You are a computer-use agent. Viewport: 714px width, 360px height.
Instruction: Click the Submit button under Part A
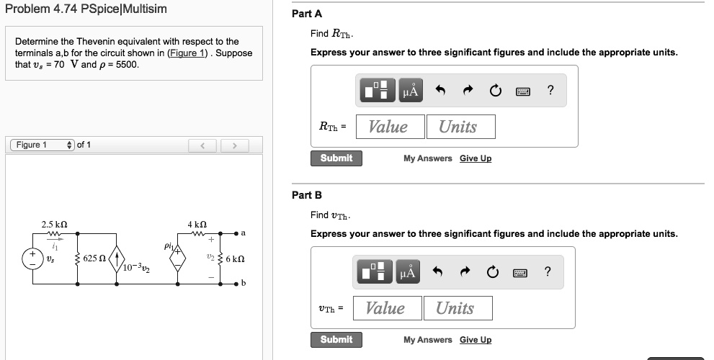click(x=336, y=158)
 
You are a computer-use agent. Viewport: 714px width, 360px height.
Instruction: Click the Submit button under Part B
click(x=336, y=340)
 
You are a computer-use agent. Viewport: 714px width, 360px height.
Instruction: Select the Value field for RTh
click(x=388, y=127)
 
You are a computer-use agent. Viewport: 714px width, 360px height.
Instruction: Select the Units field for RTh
click(x=458, y=127)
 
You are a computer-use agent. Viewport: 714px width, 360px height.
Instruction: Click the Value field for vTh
click(x=385, y=308)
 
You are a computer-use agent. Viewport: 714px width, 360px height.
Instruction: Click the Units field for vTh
click(x=455, y=308)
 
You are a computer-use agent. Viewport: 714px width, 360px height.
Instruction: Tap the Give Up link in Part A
click(x=476, y=158)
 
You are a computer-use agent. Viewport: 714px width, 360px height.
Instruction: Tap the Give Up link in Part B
click(x=476, y=340)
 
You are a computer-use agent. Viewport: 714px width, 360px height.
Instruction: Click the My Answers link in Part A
click(x=428, y=158)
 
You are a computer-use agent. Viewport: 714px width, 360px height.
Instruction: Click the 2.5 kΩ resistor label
click(x=54, y=224)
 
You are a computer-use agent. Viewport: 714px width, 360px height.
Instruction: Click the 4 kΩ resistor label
click(x=198, y=224)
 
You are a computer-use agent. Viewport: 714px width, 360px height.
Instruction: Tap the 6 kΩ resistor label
click(x=236, y=258)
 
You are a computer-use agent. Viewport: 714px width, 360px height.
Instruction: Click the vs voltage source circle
click(x=32, y=258)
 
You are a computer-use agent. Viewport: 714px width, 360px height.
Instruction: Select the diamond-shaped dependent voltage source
click(x=179, y=258)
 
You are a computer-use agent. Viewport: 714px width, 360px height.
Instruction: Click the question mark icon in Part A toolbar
click(x=550, y=90)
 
